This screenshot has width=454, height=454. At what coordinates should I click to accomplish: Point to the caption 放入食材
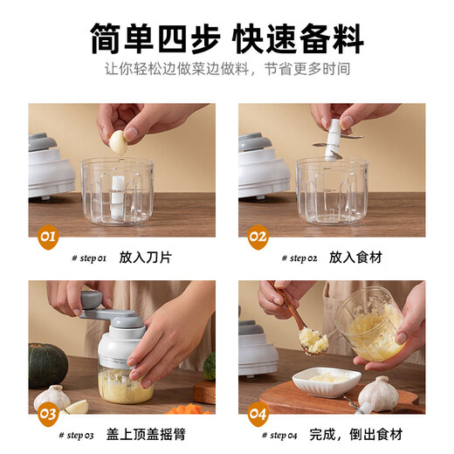point(355,258)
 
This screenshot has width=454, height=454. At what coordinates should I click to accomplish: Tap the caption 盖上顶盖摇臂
point(158,434)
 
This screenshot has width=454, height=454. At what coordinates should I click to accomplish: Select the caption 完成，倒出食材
point(360,434)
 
